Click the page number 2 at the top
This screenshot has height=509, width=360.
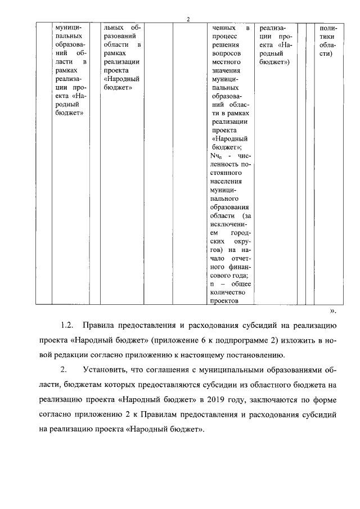point(188,20)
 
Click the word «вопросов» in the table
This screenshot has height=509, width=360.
point(225,55)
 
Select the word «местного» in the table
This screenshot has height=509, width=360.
point(225,64)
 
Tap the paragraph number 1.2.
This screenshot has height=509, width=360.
point(67,326)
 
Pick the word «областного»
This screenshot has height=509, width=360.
point(268,385)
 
